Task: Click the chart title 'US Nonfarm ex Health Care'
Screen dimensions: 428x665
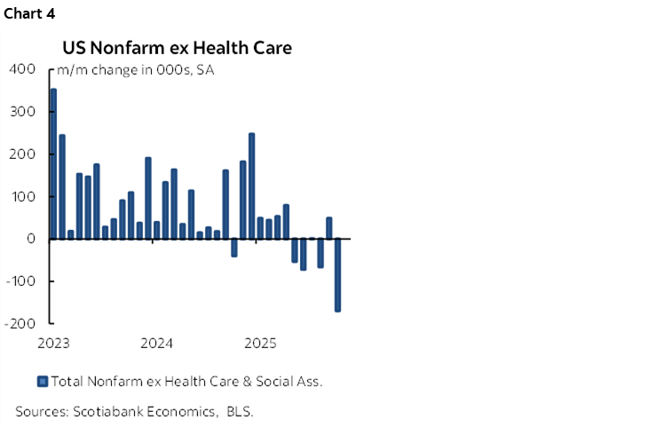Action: pyautogui.click(x=176, y=48)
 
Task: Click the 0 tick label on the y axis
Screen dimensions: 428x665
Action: pyautogui.click(x=31, y=239)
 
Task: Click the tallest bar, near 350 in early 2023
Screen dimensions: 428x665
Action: pyautogui.click(x=53, y=163)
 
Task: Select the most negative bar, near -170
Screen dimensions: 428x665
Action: pyautogui.click(x=337, y=274)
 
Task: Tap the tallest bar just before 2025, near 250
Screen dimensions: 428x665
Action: pyautogui.click(x=251, y=186)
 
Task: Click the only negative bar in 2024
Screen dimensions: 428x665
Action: pyautogui.click(x=234, y=248)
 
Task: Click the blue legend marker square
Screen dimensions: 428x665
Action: pyautogui.click(x=42, y=382)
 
